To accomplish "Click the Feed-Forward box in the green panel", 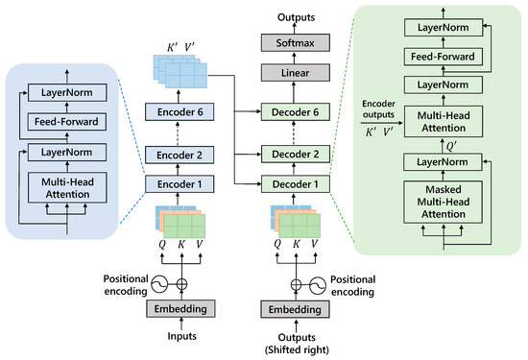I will coord(443,56).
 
